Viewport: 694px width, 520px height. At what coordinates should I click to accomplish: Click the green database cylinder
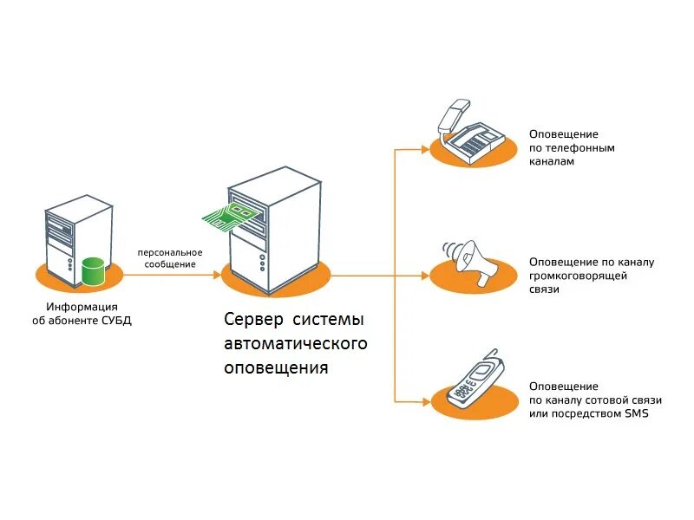click(x=93, y=271)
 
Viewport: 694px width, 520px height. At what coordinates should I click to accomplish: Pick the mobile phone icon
click(x=475, y=381)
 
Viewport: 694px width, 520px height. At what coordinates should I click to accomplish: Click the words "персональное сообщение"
click(x=167, y=258)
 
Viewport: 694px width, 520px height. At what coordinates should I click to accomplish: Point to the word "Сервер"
click(x=252, y=320)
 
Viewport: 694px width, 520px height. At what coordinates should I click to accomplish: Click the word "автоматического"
click(x=296, y=343)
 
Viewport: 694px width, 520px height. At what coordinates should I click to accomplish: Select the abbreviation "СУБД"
click(x=116, y=320)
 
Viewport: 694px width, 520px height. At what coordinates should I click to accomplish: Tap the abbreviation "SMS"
click(x=635, y=413)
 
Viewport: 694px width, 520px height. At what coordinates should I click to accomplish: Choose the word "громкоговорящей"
click(x=579, y=276)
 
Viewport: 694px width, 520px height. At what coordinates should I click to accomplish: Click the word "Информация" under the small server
click(x=82, y=307)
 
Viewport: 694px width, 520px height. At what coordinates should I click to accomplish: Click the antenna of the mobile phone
click(x=495, y=358)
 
